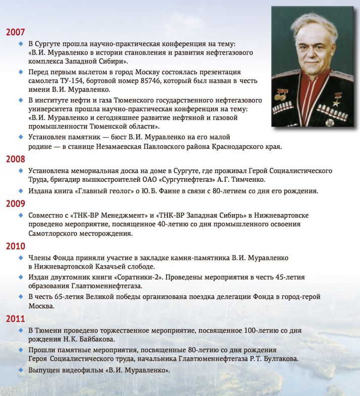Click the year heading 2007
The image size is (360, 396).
click(15, 32)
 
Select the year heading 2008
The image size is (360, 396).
click(15, 159)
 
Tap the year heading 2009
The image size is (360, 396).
click(15, 204)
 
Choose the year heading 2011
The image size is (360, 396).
click(15, 319)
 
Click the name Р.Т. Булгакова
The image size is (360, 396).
click(274, 359)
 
